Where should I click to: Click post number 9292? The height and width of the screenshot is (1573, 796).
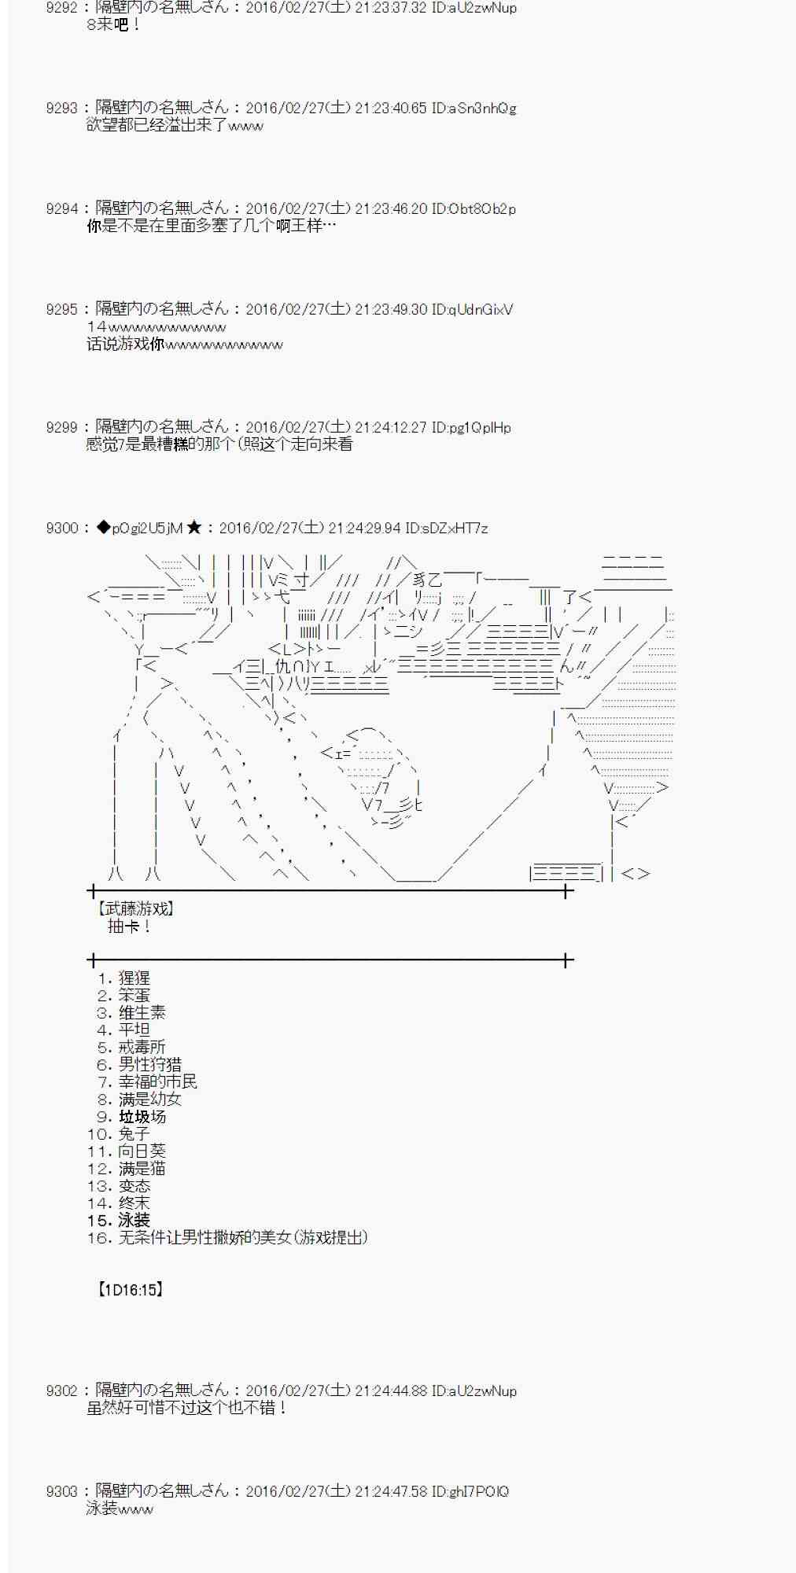61,8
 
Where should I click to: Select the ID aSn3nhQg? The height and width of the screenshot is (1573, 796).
474,109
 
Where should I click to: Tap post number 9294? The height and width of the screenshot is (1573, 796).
61,209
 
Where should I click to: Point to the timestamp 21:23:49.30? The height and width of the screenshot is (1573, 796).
391,310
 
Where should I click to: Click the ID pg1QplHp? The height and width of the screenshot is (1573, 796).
471,428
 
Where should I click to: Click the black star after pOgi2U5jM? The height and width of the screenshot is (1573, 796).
195,528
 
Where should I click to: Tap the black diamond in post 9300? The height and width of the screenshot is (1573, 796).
103,528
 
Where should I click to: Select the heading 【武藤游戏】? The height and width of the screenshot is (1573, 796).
135,909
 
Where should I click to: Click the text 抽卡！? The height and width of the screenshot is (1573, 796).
130,926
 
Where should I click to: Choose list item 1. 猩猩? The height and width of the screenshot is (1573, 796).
123,978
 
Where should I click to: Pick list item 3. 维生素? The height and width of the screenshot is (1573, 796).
131,1013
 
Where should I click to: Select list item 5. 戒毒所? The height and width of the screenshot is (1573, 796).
131,1048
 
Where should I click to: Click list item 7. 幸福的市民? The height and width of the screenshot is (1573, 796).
147,1082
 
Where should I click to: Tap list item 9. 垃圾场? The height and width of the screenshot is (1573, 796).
131,1117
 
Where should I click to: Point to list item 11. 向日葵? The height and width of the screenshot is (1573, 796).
127,1151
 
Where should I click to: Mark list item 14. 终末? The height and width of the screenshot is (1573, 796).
119,1203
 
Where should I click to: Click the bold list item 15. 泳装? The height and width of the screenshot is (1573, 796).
119,1221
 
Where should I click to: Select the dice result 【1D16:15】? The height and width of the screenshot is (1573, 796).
130,1290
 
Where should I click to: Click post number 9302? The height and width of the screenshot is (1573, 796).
61,1391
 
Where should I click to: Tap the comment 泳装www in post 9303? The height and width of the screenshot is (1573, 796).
120,1509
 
